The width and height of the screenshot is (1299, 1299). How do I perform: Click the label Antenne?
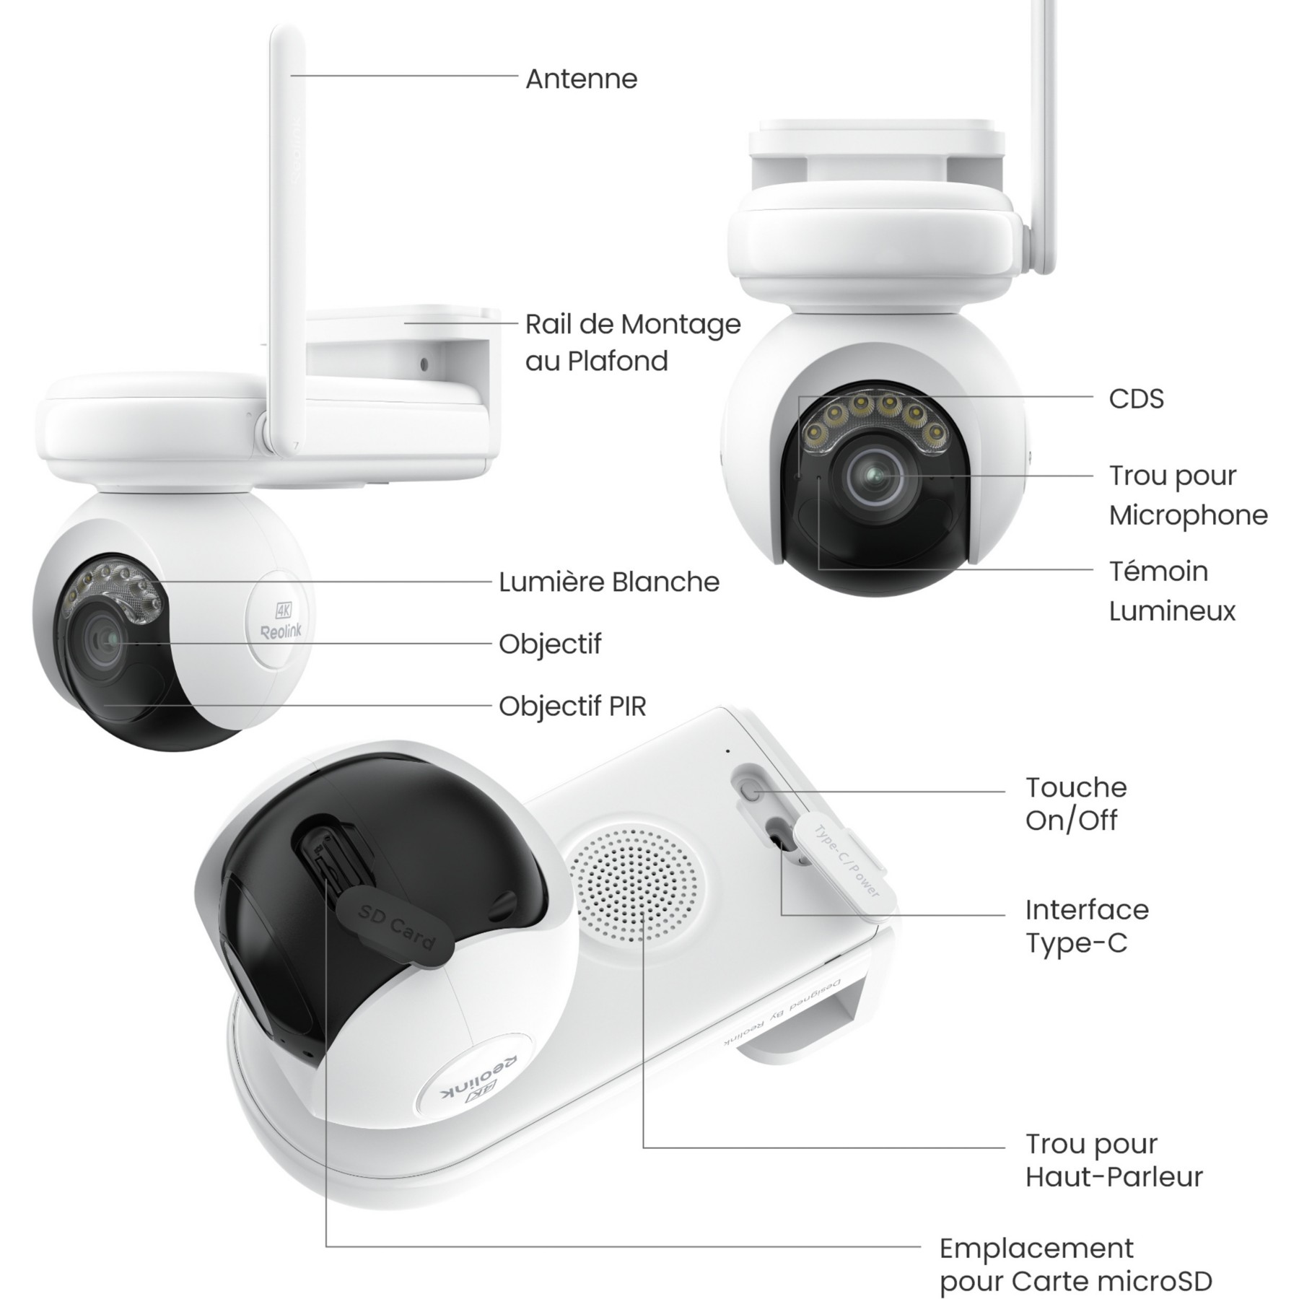coord(581,79)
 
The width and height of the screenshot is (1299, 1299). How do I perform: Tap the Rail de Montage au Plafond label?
coord(633,342)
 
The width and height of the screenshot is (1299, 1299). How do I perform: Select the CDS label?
coord(1136,398)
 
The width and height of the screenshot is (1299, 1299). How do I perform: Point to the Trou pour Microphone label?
coord(1188,495)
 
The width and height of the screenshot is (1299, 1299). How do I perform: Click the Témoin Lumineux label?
coord(1172,591)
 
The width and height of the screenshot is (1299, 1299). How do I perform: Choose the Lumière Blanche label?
coord(609,582)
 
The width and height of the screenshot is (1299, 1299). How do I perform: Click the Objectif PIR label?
coord(572,706)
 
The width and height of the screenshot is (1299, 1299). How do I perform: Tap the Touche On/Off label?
coord(1076,803)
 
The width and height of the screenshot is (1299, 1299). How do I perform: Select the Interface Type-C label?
coord(1087,926)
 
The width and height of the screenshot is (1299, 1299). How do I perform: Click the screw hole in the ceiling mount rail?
coord(424,364)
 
